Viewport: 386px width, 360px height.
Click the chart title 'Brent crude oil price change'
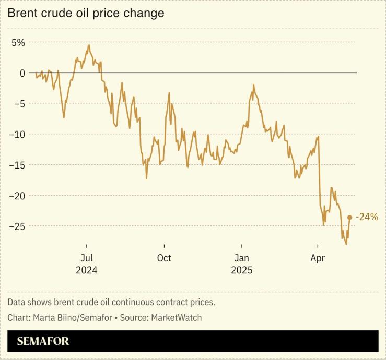point(86,14)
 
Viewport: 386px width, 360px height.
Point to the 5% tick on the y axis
point(19,42)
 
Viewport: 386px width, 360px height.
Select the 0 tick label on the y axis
point(22,73)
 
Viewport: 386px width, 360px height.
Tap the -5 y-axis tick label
point(19,103)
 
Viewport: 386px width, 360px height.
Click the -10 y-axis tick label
point(17,134)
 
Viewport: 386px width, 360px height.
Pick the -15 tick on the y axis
point(17,165)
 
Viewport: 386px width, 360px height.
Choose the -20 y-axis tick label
point(17,196)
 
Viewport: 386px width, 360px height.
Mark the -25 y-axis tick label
point(17,226)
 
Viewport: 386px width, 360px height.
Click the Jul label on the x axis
point(87,258)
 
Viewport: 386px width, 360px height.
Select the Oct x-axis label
point(164,258)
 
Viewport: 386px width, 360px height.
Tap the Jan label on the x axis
point(241,258)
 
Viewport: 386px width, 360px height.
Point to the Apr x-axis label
point(318,258)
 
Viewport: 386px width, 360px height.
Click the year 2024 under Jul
point(87,270)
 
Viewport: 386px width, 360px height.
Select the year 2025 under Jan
point(241,270)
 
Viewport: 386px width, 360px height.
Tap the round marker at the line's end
point(349,218)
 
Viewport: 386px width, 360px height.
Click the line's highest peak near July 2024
point(89,45)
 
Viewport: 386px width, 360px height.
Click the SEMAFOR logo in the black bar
point(43,342)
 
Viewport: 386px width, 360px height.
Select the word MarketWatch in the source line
point(176,317)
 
